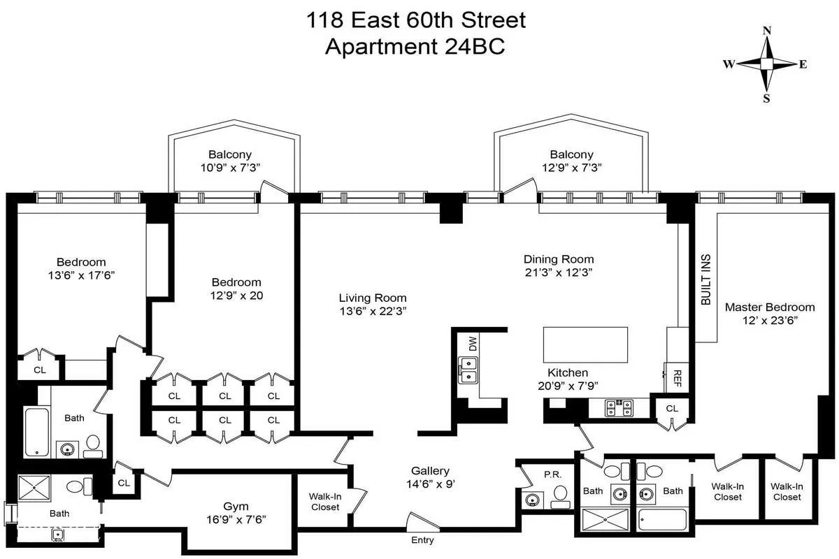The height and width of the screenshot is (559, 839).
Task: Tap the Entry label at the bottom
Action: click(x=422, y=540)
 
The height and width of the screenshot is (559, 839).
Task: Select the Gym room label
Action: click(x=236, y=506)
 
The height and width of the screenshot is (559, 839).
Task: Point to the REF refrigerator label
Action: click(x=676, y=378)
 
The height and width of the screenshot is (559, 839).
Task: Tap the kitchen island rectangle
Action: click(x=585, y=344)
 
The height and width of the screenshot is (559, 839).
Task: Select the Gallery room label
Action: click(x=429, y=471)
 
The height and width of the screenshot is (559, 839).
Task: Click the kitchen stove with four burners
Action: click(x=619, y=407)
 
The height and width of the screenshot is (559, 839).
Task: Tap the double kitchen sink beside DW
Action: click(x=467, y=370)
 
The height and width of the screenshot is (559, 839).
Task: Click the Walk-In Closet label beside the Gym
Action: click(x=324, y=501)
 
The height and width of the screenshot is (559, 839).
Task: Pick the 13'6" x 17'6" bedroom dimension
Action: click(x=77, y=275)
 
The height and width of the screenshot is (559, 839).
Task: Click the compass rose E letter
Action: click(x=803, y=64)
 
